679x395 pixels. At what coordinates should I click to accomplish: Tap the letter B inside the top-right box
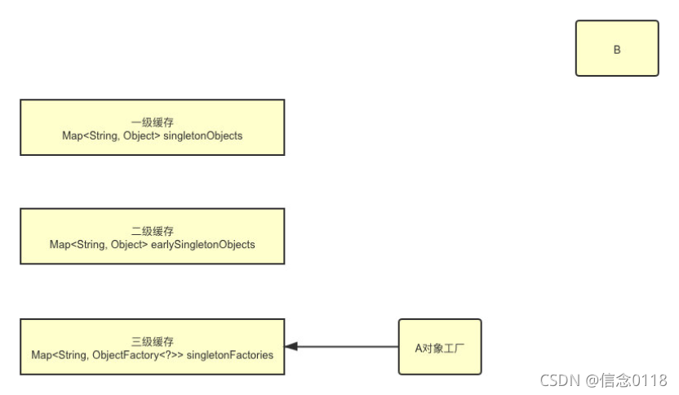point(617,50)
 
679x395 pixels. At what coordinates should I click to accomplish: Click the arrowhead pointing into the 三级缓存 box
point(291,347)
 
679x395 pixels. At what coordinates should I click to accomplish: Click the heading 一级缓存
point(152,122)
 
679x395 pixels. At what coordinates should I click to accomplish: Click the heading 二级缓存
point(152,231)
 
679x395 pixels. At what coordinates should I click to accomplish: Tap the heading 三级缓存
point(152,341)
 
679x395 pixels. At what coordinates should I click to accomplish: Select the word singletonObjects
point(203,135)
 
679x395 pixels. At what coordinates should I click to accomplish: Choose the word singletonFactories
point(233,354)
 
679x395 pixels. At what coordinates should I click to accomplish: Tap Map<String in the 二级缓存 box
point(69,244)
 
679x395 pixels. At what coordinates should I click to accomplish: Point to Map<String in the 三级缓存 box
point(51,354)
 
